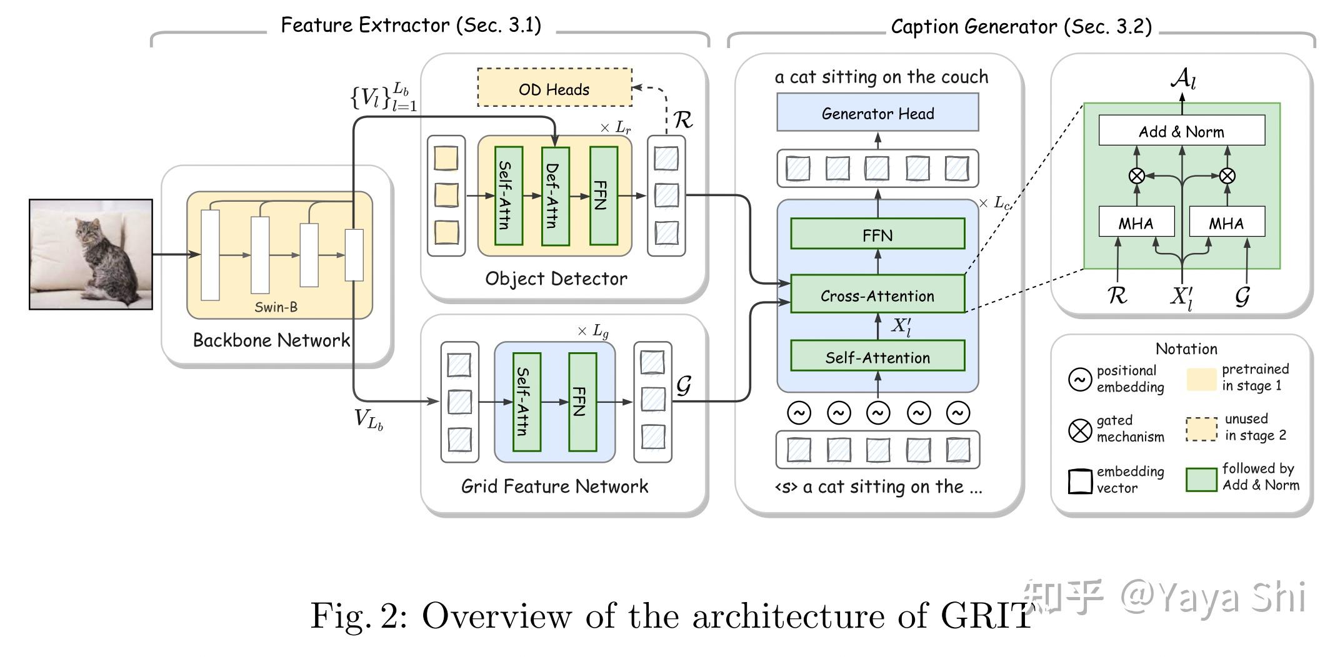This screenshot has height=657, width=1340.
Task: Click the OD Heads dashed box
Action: [554, 88]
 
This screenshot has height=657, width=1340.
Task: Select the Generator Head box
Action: [877, 113]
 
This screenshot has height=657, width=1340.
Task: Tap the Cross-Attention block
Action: [877, 295]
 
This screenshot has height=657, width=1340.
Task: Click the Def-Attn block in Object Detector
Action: [555, 196]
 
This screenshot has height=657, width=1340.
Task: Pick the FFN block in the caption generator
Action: [877, 234]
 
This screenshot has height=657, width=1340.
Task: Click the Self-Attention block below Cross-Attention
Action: [877, 357]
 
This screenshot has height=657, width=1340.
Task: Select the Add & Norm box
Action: [1181, 131]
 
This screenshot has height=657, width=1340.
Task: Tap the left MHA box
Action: [1136, 222]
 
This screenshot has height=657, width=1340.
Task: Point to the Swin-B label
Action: [276, 307]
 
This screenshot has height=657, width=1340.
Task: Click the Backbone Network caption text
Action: [271, 340]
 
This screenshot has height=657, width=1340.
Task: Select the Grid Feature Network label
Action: [554, 486]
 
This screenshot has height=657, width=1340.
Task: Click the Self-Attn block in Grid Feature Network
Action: [526, 402]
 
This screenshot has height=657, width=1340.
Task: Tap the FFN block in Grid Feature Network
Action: [582, 402]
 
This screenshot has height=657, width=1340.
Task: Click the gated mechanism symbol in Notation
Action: [1080, 430]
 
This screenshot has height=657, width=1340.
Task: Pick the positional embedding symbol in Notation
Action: [1080, 379]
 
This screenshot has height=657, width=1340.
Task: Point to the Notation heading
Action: [1186, 348]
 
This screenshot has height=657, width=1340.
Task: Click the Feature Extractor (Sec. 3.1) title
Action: [411, 26]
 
